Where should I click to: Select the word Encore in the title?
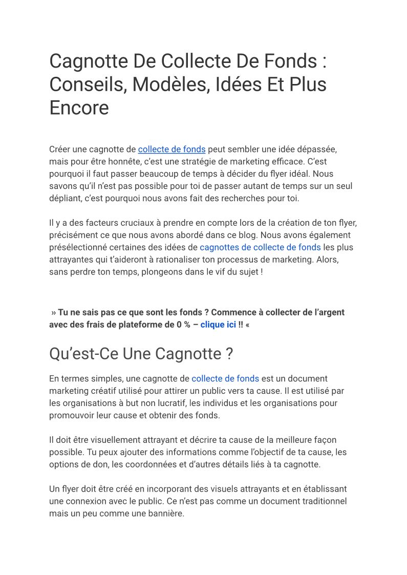point(79,108)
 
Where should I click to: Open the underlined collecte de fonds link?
point(172,150)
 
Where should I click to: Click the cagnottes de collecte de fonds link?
point(260,247)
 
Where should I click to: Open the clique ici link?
point(218,325)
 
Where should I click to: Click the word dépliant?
point(66,198)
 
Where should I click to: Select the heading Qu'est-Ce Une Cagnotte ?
point(141,354)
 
